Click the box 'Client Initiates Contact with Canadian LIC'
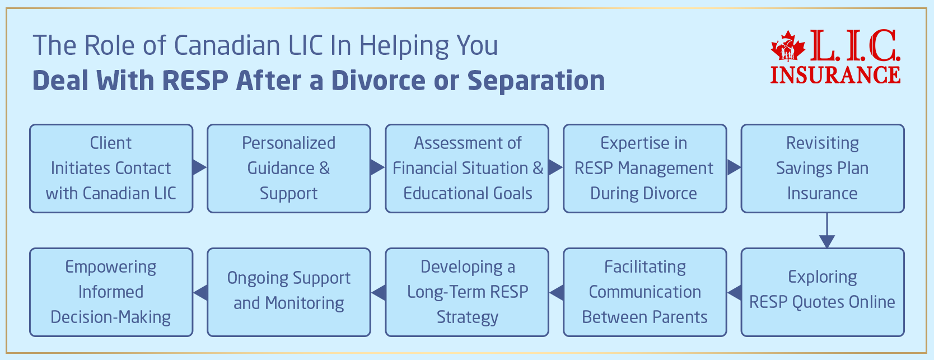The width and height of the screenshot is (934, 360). coord(111,169)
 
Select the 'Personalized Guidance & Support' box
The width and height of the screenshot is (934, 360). coord(288,169)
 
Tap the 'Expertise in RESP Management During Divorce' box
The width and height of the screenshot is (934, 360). coord(645,169)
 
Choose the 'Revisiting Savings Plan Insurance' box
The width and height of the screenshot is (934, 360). coord(822,169)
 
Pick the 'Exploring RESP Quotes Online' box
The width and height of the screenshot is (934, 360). coord(822,292)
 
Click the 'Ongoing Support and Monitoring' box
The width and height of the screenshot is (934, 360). coord(288,292)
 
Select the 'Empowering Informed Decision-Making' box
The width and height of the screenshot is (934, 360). coord(111,292)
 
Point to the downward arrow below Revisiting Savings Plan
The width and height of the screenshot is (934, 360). coord(826,232)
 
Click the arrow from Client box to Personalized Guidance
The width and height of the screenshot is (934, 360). coord(199,167)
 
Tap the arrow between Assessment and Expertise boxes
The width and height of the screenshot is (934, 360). coord(555,167)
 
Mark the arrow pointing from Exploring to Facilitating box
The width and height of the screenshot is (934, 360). coord(734,292)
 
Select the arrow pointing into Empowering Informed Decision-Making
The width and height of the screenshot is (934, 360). coord(200,292)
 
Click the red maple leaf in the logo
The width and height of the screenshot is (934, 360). coord(788,48)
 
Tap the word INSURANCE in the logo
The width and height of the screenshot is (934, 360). coord(835,75)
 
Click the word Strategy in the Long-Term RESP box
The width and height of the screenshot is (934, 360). coord(467,317)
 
